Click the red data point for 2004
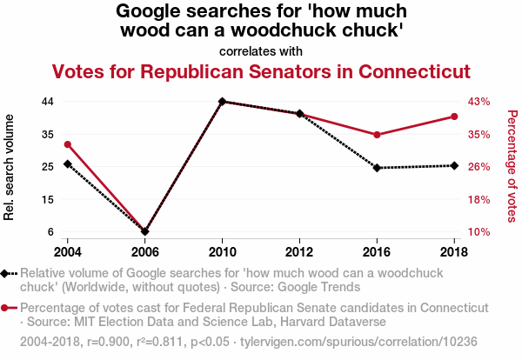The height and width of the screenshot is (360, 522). point(68,144)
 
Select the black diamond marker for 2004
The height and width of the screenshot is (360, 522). point(68,163)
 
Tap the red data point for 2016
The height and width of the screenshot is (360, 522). point(377,135)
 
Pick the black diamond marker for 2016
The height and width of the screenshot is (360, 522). point(377,168)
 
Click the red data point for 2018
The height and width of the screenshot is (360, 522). point(454,117)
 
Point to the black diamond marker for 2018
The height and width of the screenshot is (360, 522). point(454,165)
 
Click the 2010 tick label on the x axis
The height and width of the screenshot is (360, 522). point(223,250)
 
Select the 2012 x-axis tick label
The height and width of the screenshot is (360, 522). point(299,250)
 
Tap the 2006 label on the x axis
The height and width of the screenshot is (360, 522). point(145,250)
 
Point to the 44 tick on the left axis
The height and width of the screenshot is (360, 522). point(48,102)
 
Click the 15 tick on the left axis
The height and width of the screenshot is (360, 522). point(48,199)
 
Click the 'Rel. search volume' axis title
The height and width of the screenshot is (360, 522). point(10,167)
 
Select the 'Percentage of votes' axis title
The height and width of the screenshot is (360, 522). point(512,165)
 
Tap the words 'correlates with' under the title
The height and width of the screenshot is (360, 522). point(261,50)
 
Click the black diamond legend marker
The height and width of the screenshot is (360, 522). point(7,274)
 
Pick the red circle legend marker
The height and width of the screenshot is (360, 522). point(7,308)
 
